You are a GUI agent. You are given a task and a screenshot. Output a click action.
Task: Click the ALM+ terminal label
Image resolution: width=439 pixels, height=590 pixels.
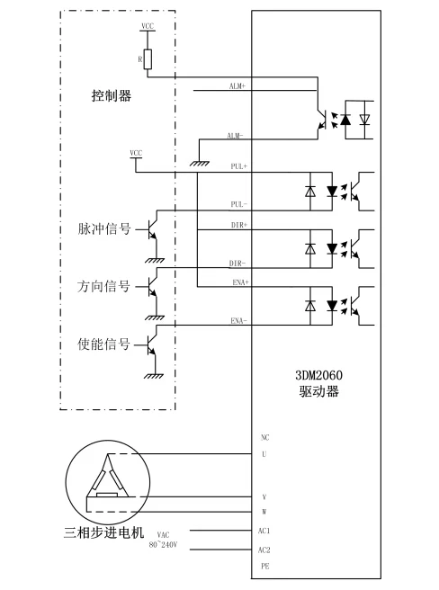(238, 85)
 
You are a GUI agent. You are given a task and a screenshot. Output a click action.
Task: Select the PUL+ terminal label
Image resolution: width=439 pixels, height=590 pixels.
(238, 166)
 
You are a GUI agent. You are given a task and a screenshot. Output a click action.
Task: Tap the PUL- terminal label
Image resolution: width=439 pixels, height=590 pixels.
(238, 204)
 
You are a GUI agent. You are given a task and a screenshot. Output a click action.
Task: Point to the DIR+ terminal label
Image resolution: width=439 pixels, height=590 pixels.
(238, 224)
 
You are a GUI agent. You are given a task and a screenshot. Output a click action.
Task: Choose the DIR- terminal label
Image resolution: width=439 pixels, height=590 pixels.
(238, 263)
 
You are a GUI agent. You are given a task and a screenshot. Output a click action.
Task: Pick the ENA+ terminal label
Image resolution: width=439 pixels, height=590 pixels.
(238, 282)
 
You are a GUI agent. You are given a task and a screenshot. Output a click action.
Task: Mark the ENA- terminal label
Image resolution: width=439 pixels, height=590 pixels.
(238, 321)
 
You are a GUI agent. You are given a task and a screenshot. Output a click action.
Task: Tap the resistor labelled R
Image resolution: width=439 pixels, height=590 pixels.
(148, 59)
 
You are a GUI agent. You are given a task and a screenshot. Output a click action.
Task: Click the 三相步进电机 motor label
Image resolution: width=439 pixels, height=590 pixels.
(104, 533)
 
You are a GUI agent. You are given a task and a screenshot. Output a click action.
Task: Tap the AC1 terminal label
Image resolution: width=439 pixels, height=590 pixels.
(264, 531)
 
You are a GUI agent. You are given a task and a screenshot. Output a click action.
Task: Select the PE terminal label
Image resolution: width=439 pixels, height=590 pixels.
(264, 568)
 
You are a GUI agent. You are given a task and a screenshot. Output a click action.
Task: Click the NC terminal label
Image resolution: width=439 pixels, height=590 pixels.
(264, 438)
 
